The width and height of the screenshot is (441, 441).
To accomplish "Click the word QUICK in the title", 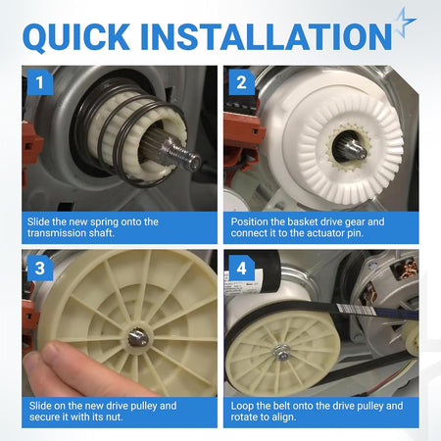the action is point(76,36).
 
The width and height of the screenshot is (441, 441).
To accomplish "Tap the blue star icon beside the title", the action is point(405,22).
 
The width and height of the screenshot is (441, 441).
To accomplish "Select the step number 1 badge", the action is point(40,82).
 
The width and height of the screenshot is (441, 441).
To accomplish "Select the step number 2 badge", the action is point(242,82).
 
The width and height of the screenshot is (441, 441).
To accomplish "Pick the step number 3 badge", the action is point(40,269).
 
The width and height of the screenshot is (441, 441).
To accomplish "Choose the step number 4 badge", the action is point(242,269).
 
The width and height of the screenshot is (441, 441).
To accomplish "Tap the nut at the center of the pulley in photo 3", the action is point(138,338).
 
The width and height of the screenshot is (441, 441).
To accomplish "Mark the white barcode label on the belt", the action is point(356,309).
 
